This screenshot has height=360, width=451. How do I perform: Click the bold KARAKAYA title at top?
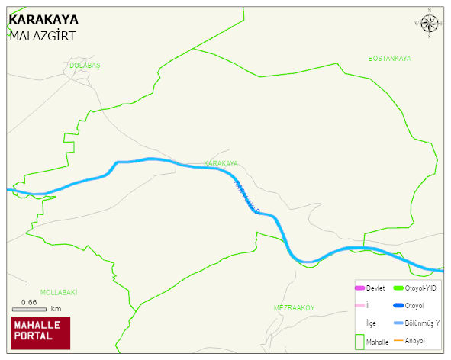[43, 19]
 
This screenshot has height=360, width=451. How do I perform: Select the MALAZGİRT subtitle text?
[42, 35]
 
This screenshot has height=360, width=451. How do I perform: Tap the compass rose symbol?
[430, 24]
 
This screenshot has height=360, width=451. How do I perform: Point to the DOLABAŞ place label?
[85, 66]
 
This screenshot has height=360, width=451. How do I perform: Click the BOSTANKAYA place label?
[389, 59]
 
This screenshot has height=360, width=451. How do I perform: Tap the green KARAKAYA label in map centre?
[221, 164]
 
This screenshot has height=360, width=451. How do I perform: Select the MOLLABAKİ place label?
[59, 292]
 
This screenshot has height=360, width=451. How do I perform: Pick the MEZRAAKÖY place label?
[294, 307]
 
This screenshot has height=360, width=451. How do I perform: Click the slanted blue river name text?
[246, 196]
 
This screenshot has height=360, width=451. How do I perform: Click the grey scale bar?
[30, 309]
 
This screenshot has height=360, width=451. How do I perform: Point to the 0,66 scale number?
[29, 302]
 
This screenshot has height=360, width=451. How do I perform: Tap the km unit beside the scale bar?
[56, 309]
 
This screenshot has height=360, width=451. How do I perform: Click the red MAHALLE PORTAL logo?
[40, 332]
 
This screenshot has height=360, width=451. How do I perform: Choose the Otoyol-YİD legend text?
[420, 288]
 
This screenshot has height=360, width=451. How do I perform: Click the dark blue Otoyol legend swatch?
[397, 306]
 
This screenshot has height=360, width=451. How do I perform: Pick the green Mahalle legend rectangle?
[359, 342]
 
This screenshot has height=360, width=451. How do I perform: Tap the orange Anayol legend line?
[397, 340]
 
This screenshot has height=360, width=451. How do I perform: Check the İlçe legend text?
[372, 323]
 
